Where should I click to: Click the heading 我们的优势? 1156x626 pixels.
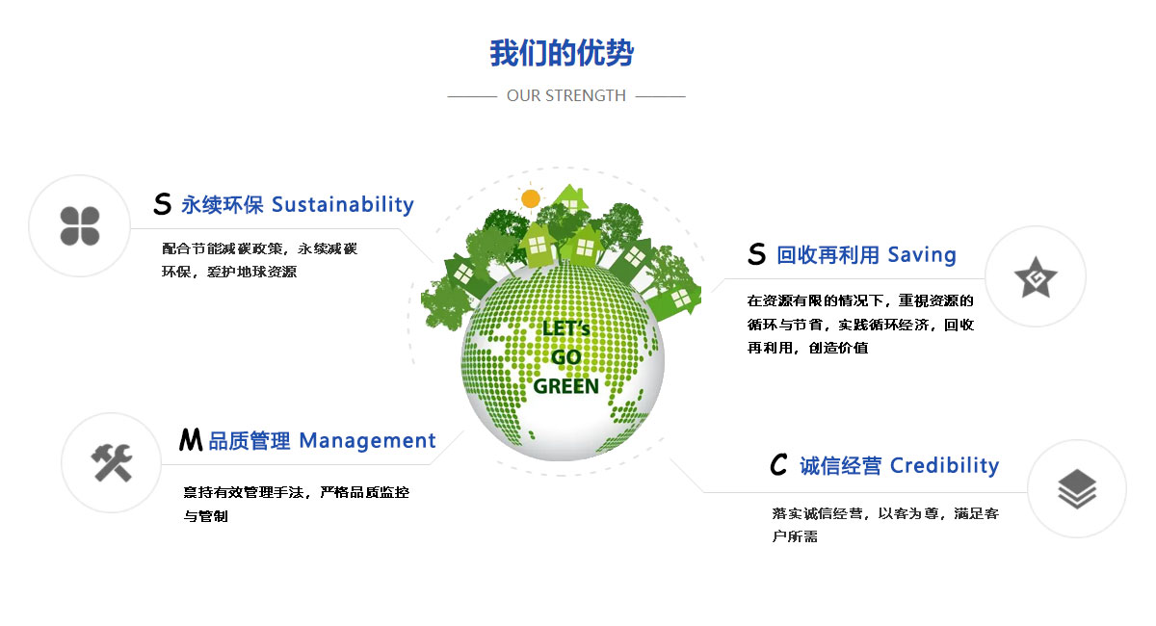(562, 53)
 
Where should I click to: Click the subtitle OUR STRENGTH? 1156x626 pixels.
(566, 96)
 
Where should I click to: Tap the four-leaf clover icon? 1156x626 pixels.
(80, 226)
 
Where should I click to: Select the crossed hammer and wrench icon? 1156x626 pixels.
(112, 463)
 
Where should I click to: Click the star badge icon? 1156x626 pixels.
(1036, 277)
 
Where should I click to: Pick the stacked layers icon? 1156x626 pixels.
(1077, 488)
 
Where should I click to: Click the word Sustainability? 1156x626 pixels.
(343, 205)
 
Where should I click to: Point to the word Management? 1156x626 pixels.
(367, 441)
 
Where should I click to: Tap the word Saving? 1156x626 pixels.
(922, 255)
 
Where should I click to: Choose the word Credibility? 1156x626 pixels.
(945, 465)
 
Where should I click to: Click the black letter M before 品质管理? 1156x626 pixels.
(191, 440)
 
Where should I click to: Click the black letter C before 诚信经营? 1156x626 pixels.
(778, 464)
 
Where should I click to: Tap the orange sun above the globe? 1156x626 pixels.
(531, 198)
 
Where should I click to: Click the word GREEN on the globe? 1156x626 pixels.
(566, 386)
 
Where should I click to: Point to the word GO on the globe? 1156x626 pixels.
(566, 357)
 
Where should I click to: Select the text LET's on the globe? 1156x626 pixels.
(566, 328)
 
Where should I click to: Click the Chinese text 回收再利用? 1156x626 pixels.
(828, 255)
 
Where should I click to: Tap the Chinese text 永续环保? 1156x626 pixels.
(223, 205)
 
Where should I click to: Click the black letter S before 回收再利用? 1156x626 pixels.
(756, 254)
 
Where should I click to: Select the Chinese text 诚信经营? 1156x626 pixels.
(841, 465)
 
